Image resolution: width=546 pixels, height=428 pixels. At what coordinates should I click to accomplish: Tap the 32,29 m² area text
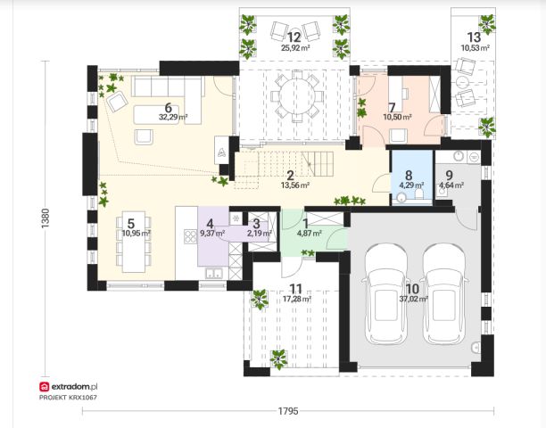coord(173,117)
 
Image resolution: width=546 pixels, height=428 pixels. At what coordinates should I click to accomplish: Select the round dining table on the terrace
coord(297,96)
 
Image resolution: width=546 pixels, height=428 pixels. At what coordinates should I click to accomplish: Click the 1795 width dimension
coord(288,411)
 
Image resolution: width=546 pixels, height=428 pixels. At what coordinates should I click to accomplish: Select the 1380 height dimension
coord(45,218)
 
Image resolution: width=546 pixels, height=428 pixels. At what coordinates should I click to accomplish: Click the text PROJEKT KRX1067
coord(68,398)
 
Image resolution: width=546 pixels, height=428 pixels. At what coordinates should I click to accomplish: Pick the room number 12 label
coord(294,37)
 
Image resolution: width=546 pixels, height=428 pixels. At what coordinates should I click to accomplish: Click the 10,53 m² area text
coord(476,47)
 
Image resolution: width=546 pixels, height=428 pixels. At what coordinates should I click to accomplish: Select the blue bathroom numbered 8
coord(411,177)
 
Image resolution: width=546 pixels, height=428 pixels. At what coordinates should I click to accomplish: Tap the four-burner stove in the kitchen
coord(190,236)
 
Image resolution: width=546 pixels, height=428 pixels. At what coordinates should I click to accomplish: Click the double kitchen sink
coord(214,274)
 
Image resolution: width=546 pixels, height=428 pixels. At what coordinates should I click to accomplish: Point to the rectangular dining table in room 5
coord(133,242)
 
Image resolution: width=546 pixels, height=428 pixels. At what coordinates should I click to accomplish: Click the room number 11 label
coord(296,289)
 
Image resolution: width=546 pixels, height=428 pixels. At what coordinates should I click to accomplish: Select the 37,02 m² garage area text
coord(414,298)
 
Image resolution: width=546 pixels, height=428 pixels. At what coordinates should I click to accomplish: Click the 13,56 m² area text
coord(295,185)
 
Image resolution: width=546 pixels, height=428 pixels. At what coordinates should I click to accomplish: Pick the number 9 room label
coord(449,176)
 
